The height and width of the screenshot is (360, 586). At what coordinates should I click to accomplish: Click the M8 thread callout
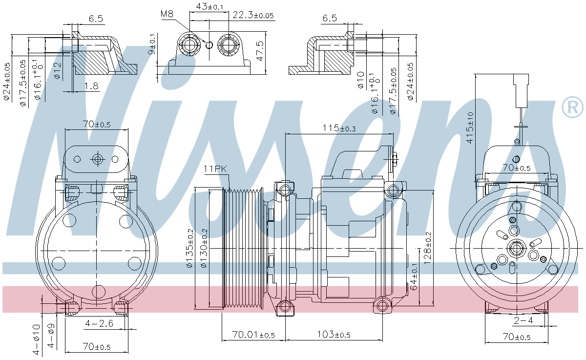167,14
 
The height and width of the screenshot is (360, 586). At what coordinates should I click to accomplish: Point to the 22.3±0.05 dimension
252,16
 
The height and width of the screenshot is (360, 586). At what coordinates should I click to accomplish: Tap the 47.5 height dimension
261,51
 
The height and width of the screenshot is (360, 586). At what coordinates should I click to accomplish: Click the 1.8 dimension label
91,86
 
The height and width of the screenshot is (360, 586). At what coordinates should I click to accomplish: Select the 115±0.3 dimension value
339,128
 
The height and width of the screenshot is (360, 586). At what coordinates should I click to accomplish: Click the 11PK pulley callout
215,169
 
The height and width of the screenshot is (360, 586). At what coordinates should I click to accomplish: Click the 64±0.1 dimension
415,276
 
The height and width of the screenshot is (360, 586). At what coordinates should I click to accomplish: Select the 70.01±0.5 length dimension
253,335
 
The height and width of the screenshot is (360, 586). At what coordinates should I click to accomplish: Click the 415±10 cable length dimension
469,127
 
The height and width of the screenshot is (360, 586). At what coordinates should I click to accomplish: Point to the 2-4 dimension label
523,320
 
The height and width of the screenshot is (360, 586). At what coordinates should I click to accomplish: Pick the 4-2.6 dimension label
99,323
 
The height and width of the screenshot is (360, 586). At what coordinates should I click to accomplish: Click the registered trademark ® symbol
572,107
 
